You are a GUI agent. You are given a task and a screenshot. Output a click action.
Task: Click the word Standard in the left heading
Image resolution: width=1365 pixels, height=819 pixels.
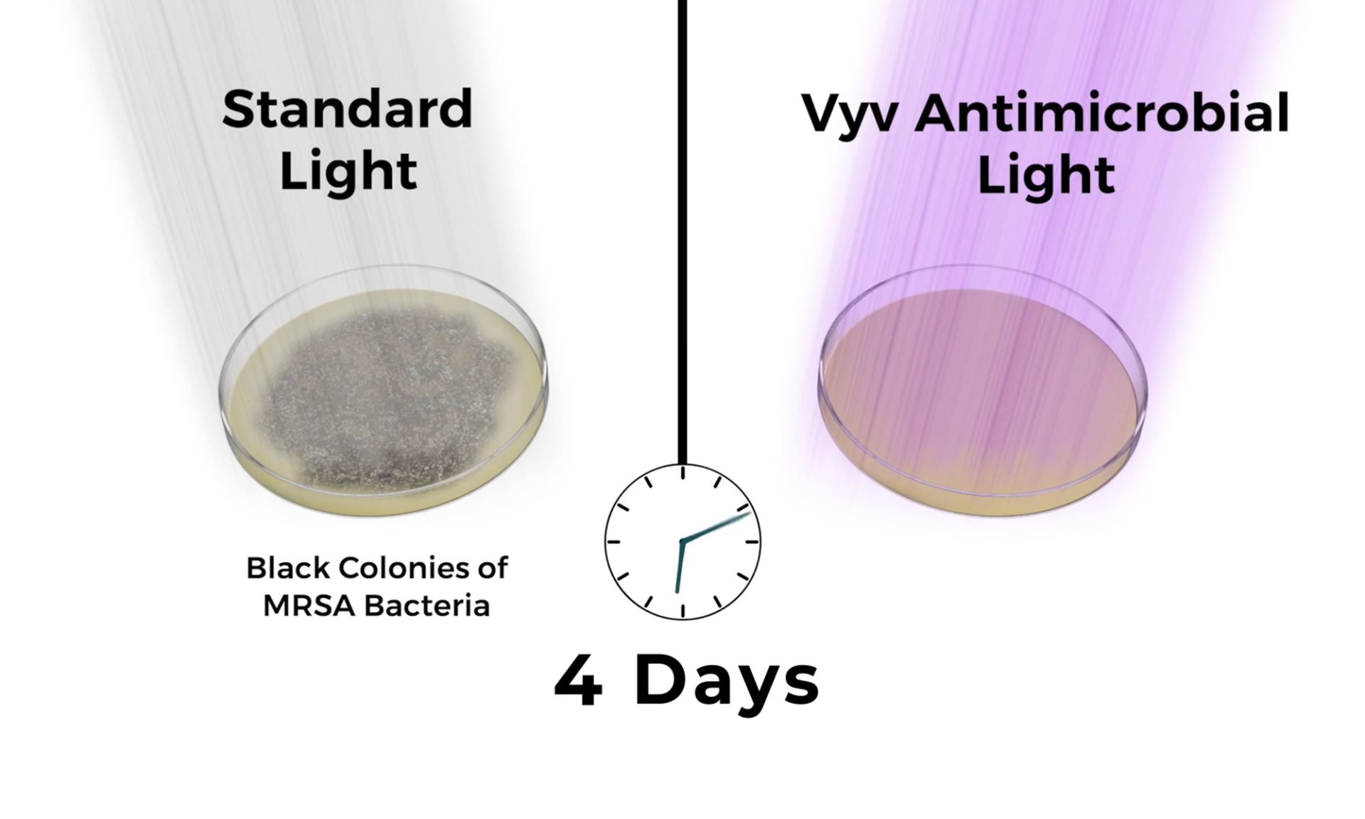347,109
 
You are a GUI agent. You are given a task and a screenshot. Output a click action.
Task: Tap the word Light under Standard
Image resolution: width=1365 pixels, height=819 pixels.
348,171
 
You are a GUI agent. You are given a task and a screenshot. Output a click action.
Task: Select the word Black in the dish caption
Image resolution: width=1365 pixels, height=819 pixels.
288,569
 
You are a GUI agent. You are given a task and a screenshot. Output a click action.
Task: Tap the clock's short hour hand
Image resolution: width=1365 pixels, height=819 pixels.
679,567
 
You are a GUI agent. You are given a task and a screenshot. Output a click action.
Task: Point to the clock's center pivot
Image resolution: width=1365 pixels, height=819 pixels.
682,542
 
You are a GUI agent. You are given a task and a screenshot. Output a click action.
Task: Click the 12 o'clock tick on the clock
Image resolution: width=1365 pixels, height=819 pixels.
682,473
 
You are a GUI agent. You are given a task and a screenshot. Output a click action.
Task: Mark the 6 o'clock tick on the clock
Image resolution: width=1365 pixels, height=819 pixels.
682,611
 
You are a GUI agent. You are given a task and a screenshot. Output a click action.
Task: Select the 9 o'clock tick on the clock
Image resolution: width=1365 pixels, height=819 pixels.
614,542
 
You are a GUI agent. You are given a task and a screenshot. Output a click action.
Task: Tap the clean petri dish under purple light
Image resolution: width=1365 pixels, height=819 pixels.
983,391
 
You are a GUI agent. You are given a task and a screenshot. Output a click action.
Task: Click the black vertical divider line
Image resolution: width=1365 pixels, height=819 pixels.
682,231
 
